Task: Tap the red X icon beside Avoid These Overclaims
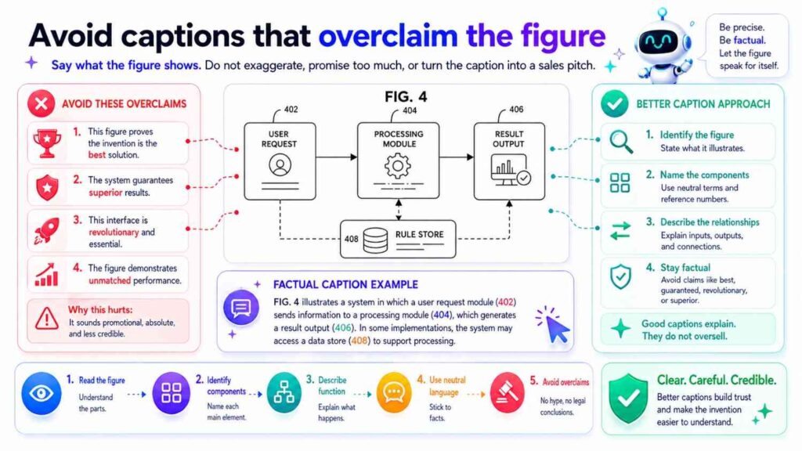(41, 103)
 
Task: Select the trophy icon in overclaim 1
(47, 143)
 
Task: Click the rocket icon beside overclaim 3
(47, 229)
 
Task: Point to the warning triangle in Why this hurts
(47, 316)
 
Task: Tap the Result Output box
(510, 160)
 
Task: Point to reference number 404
(410, 111)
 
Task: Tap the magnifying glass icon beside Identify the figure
(620, 142)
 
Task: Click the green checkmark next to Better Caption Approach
(614, 103)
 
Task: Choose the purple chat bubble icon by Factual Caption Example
(241, 306)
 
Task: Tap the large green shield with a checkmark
(628, 398)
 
